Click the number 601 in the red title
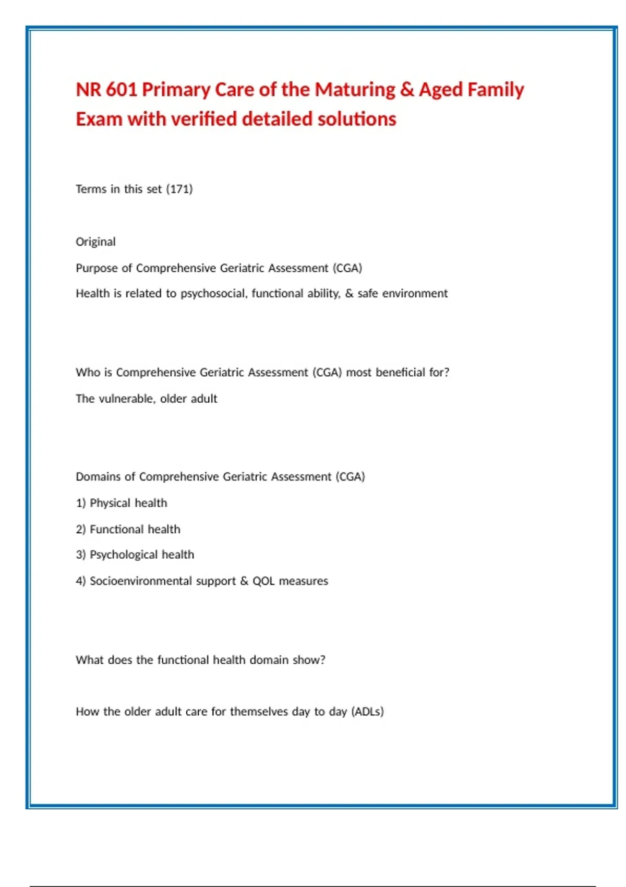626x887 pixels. [121, 90]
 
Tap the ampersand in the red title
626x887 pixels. [407, 90]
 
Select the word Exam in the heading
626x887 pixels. [99, 119]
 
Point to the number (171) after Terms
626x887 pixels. [179, 189]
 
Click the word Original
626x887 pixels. [95, 242]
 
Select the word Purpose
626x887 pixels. [97, 268]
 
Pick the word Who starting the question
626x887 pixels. [88, 373]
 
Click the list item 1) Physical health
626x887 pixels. [122, 503]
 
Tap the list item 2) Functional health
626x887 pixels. [128, 529]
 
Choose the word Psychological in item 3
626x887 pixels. [124, 555]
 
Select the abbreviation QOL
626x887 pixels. [263, 581]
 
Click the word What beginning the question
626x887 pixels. [89, 660]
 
